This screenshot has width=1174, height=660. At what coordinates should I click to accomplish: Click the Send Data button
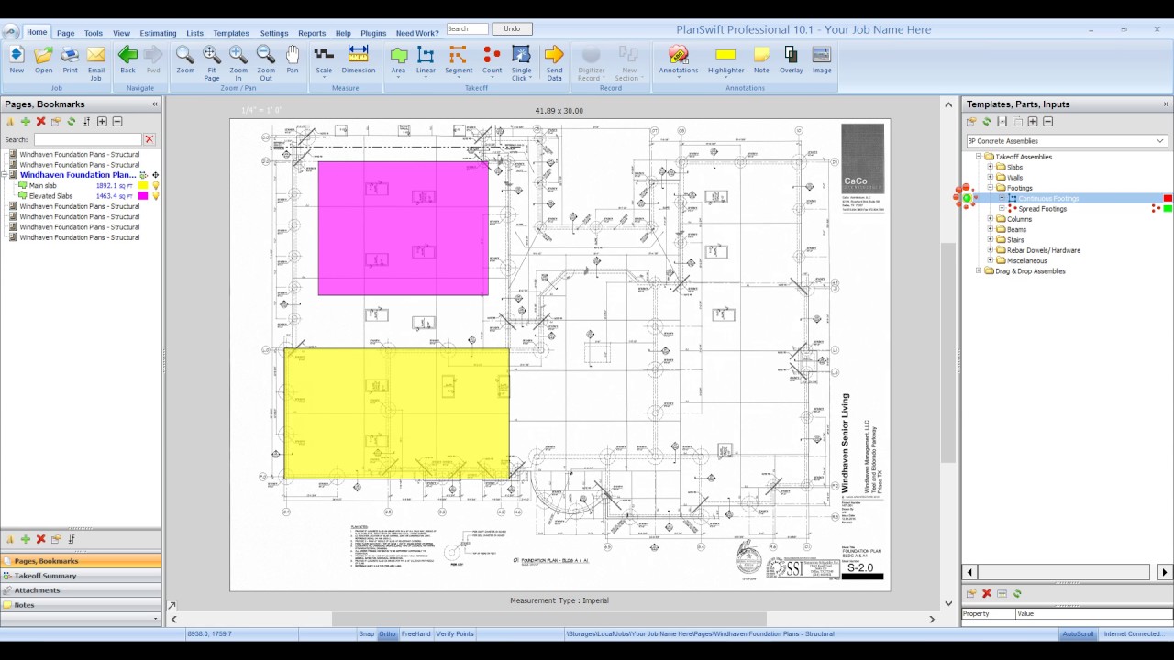coord(554,61)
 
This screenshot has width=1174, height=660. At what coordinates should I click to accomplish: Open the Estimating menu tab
coord(158,33)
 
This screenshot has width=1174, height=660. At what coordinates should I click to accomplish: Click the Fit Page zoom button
coord(212,61)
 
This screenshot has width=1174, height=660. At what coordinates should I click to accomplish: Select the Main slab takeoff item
coord(42,185)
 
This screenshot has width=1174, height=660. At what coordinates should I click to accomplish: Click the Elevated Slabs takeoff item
coord(50,196)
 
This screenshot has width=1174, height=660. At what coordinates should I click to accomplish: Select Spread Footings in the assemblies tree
coord(1042,209)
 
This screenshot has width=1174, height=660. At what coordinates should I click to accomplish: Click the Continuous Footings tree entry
coord(1047,198)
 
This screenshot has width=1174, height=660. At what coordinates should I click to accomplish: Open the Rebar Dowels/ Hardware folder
coord(1043,250)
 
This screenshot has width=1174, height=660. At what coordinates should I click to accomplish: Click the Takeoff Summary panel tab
coord(46,576)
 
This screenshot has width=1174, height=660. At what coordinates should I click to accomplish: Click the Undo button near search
coord(512,29)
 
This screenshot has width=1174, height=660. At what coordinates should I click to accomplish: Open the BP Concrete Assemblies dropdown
coord(1066,141)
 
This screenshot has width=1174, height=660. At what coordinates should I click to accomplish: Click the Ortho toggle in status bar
coord(388,633)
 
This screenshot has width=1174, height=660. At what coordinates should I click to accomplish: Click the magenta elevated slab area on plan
coord(403,228)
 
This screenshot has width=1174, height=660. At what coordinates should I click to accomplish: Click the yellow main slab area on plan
coord(396,413)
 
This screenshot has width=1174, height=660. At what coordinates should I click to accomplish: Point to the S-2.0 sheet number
coord(860,567)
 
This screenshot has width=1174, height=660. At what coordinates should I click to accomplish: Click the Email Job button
coord(96,61)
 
